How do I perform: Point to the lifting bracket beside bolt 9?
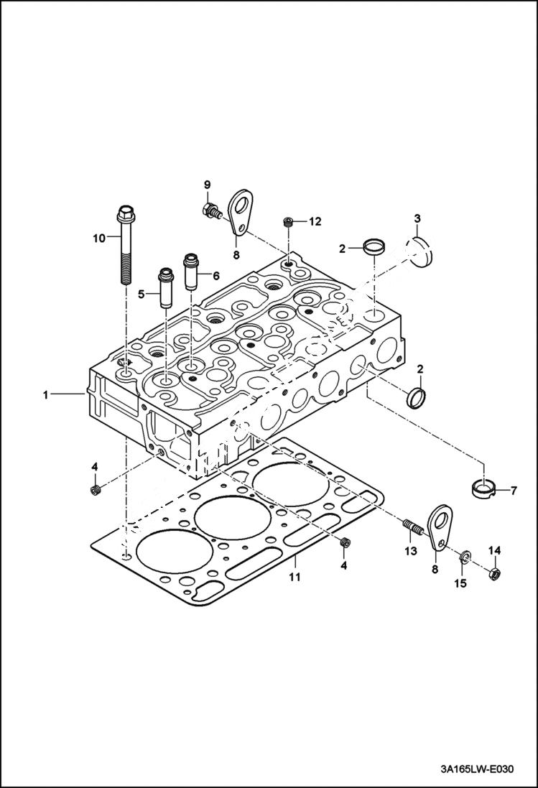(x=239, y=210)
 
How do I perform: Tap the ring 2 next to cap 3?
(x=374, y=248)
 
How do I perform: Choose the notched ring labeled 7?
(x=483, y=488)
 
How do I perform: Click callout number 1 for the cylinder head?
(x=46, y=394)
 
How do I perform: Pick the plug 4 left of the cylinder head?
(x=94, y=490)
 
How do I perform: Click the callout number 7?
(x=514, y=491)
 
